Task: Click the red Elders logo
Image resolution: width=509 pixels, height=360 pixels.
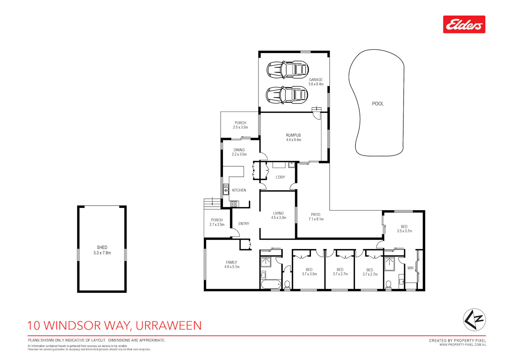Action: pos(464,24)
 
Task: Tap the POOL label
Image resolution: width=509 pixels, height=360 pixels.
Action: pos(378,104)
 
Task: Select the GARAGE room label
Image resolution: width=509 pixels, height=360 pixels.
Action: pos(316,79)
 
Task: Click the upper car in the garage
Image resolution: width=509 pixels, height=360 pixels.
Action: pos(287,70)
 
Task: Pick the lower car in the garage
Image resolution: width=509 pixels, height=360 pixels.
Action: pos(287,95)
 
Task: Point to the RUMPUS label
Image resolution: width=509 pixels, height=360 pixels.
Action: pos(293,135)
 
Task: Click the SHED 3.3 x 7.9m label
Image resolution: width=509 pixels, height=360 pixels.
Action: pos(102,250)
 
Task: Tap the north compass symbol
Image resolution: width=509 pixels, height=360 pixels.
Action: pos(474,320)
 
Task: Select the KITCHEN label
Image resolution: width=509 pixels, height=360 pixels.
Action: pos(239,190)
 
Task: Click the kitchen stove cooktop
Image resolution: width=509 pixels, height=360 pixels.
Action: pos(234,204)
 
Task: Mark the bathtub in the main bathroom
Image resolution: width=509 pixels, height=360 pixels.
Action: pos(271,284)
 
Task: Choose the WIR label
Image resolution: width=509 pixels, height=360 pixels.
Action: pos(410,268)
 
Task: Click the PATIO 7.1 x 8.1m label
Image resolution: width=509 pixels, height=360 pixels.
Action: pos(316,217)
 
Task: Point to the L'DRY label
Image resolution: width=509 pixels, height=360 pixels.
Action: pos(280,177)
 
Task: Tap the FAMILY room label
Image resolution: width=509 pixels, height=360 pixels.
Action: pos(231,262)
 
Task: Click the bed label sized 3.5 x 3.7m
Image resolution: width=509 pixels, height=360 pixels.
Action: pos(404,229)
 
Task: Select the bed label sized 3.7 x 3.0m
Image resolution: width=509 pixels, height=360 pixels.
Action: pos(309,272)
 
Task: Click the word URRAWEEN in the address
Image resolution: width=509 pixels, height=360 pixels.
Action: pos(169,325)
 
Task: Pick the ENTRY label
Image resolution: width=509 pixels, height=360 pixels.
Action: pos(244,224)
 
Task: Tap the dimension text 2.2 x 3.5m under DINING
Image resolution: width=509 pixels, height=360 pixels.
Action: pos(239,154)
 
